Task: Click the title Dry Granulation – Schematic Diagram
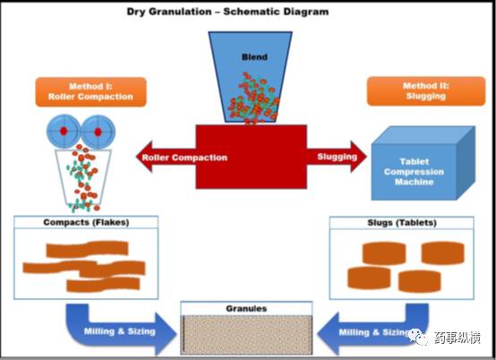(x=227, y=12)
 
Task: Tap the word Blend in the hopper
(x=254, y=57)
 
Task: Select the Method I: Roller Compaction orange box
(x=90, y=91)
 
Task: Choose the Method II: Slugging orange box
(x=426, y=91)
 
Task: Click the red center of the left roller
(x=64, y=131)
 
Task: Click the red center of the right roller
(x=98, y=132)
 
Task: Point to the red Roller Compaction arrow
(x=166, y=157)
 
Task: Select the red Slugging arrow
(x=337, y=157)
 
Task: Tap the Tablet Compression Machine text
(x=414, y=172)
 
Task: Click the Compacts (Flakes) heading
(x=86, y=222)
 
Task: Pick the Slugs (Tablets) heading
(x=402, y=222)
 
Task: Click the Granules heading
(x=246, y=308)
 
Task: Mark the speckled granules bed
(x=246, y=335)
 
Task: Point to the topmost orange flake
(x=88, y=249)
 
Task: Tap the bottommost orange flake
(x=103, y=285)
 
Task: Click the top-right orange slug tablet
(x=443, y=253)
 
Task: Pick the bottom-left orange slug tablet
(x=369, y=278)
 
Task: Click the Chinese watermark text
(x=458, y=338)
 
